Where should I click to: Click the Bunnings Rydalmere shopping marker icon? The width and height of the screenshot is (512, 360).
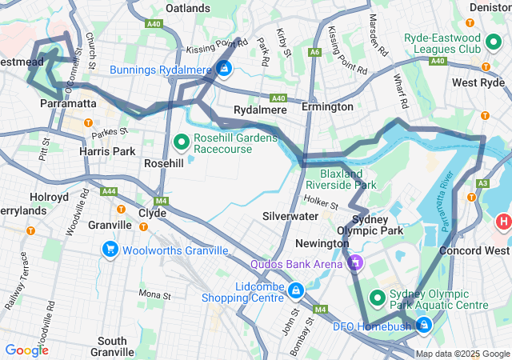[x=224, y=70]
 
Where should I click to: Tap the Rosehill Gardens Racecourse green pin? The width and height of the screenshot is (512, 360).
[x=182, y=143]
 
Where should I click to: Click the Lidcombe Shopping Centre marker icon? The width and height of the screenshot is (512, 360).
[x=296, y=290]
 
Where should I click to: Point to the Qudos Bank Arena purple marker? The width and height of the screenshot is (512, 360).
[x=355, y=262]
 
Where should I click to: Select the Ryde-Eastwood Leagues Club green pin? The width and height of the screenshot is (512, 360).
[x=496, y=42]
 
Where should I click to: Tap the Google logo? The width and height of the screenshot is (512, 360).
[x=26, y=350]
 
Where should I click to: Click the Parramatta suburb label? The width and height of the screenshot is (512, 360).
[x=70, y=104]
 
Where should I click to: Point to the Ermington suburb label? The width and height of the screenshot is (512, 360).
[x=326, y=106]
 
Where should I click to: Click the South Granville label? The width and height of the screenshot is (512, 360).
[x=112, y=346]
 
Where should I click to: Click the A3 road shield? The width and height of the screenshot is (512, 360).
[x=482, y=184]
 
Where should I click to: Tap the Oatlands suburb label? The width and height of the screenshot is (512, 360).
[x=188, y=8]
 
